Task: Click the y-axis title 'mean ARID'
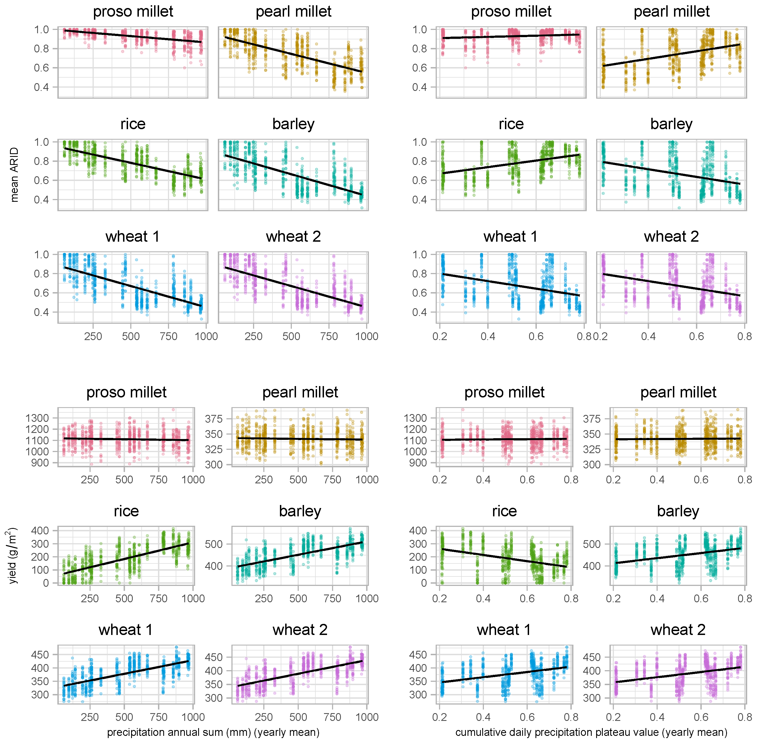14,175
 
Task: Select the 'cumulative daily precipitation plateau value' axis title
591,732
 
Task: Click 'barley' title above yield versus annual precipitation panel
300,511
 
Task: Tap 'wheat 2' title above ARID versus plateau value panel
671,236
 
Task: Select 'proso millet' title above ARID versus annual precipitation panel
133,11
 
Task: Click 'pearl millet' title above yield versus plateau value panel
678,392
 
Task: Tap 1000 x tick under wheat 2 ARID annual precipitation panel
366,336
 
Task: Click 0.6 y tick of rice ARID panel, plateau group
420,180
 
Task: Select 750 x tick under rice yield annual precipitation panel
159,598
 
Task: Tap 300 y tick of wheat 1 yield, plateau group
418,695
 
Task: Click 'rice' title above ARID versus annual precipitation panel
133,124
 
